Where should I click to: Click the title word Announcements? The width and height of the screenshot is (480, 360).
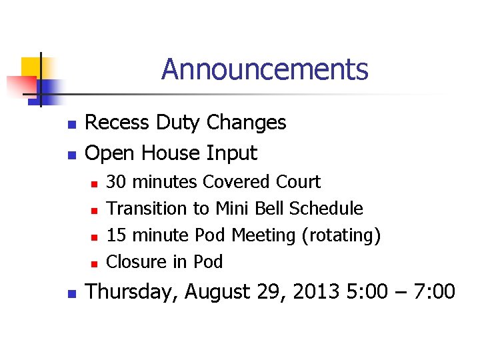click(264, 69)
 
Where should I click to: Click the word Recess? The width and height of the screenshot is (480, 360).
click(118, 123)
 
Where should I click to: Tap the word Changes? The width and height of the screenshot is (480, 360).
click(246, 123)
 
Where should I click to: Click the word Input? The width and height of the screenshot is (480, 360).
click(231, 153)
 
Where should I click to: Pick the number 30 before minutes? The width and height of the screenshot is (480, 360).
click(117, 182)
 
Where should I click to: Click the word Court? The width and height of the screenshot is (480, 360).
click(295, 182)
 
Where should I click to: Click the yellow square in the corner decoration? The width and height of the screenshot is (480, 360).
click(31, 67)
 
